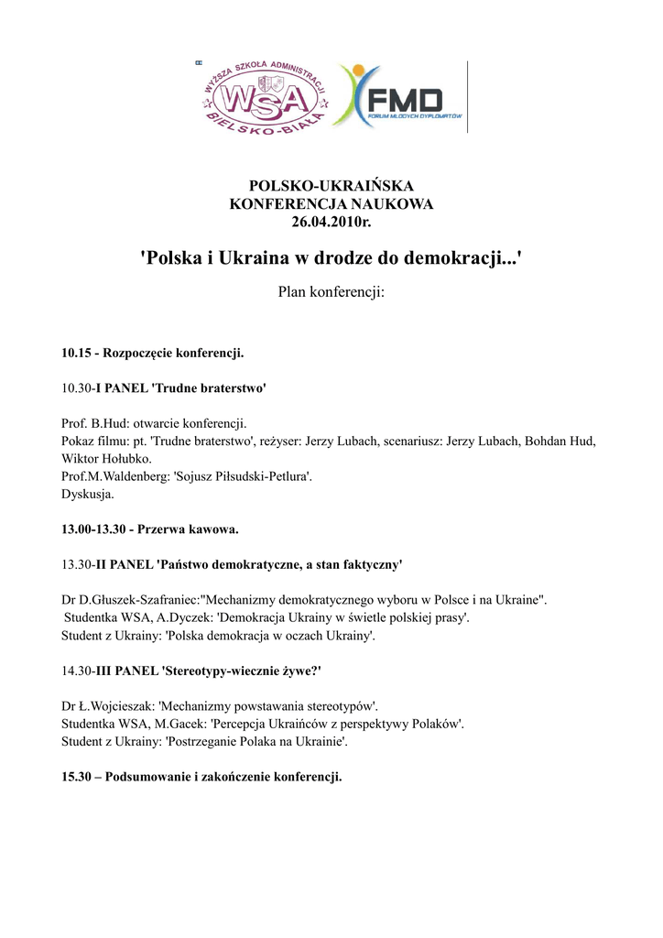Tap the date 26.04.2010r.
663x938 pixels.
(331, 221)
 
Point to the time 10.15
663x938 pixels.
(77, 353)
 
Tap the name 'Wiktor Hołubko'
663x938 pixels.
(106, 458)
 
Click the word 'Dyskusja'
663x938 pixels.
(87, 494)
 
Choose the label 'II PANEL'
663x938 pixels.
(124, 564)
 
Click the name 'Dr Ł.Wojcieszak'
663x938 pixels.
(107, 706)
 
